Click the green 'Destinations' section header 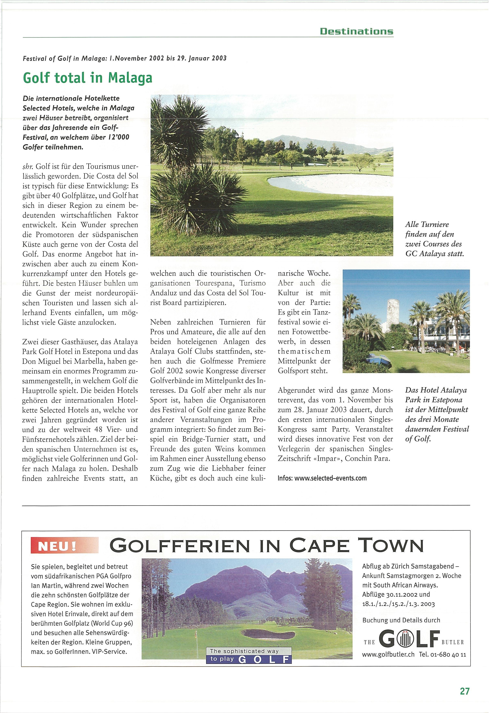coord(356,31)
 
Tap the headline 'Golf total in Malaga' coord(87,78)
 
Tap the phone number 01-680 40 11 coord(443,654)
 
